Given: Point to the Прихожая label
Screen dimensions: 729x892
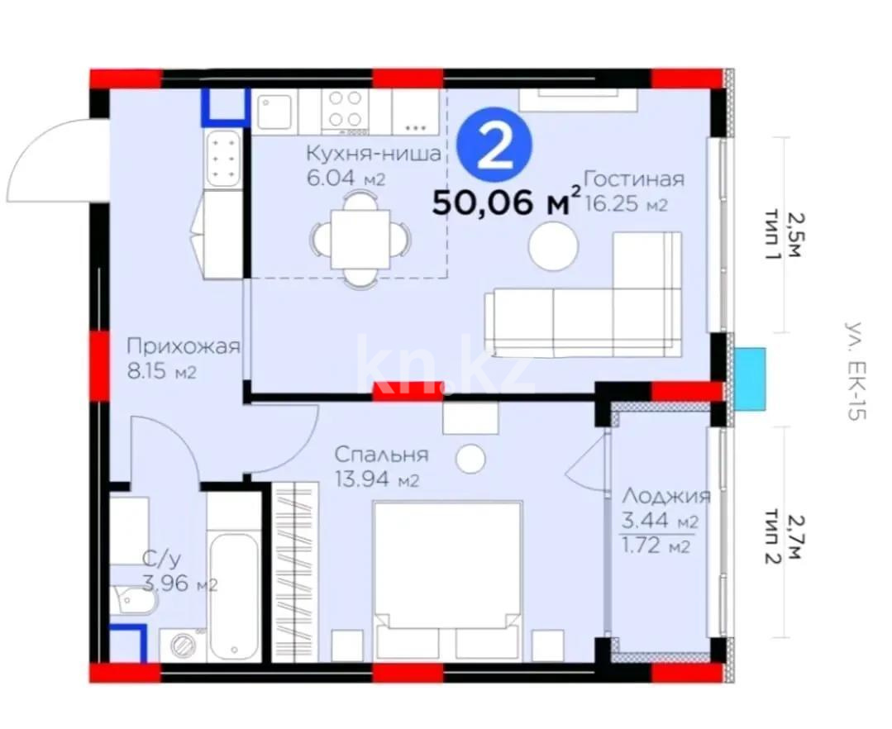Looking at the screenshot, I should [x=183, y=346].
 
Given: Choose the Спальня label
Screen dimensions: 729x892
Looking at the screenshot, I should [x=380, y=454].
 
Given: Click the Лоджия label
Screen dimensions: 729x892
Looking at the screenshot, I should [x=665, y=496].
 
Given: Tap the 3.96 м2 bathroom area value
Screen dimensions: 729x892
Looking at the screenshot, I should [x=179, y=585].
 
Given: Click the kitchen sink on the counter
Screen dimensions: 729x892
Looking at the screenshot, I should [x=275, y=112].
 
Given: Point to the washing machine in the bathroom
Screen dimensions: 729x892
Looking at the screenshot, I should [x=182, y=645].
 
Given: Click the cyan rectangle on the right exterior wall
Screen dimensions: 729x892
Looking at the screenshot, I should [x=749, y=379].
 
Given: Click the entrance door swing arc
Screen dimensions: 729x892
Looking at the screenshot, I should [x=50, y=157].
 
